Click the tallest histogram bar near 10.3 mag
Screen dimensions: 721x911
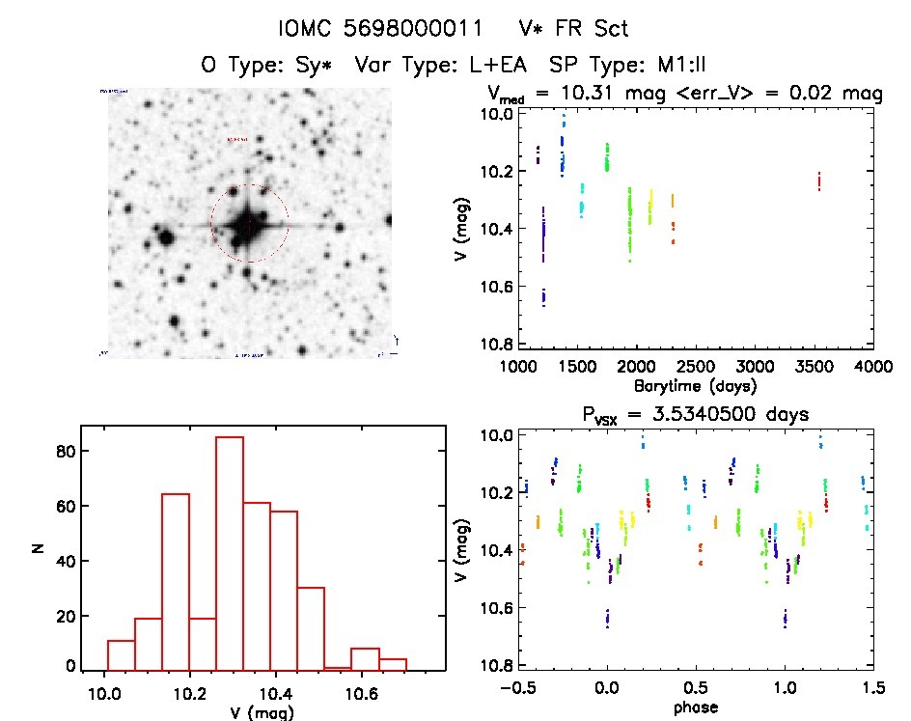click(230, 552)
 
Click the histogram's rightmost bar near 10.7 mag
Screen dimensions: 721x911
click(393, 663)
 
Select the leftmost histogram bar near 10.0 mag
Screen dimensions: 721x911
click(121, 653)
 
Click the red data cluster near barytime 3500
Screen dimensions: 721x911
click(818, 181)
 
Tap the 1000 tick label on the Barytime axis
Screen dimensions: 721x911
click(518, 367)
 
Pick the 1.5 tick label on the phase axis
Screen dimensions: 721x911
click(873, 689)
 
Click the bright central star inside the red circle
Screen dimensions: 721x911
click(248, 224)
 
